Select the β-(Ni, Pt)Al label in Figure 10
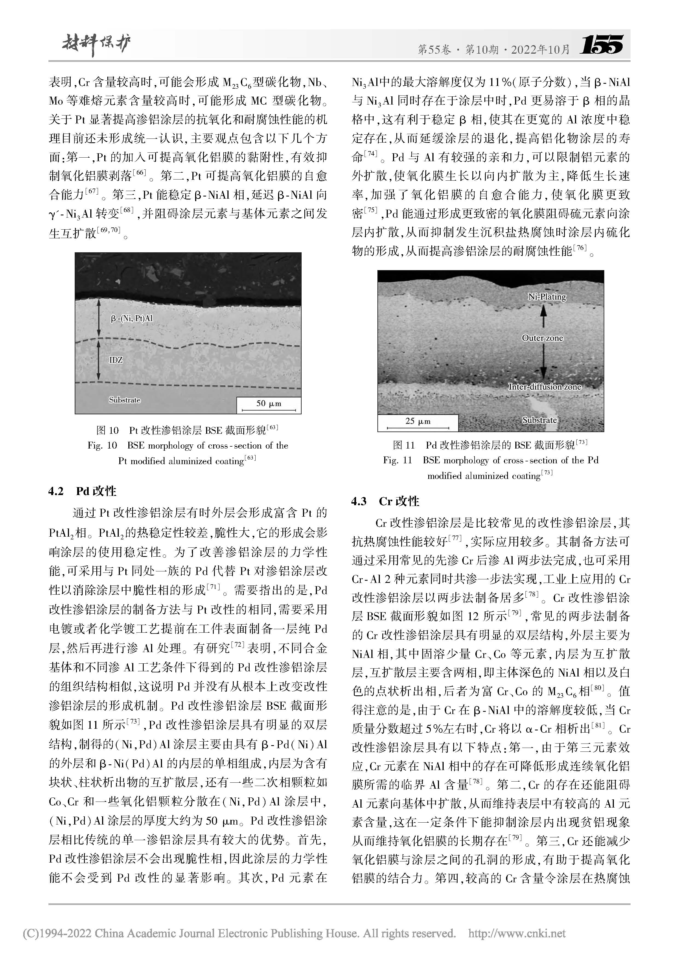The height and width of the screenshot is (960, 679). coord(132,319)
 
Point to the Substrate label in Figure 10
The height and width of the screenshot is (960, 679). coord(125,400)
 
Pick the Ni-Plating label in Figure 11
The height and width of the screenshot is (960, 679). coord(547,297)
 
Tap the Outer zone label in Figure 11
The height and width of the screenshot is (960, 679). coord(542,338)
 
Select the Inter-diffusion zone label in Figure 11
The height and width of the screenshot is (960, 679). coord(544,387)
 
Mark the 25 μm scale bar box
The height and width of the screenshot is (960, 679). coord(418,423)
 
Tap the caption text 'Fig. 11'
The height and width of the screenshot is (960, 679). coord(397,460)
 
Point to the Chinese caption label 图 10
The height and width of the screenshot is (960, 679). coord(108,430)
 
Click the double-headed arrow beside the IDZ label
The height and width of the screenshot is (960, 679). coord(99,360)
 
